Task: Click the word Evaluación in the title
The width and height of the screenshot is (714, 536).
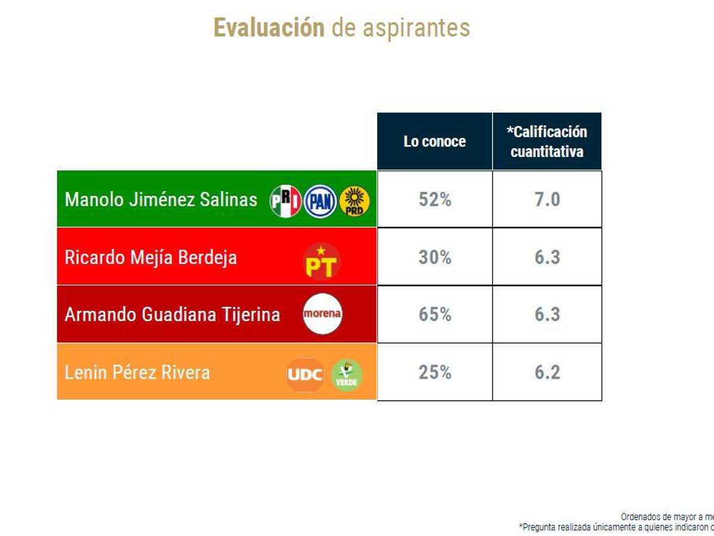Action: [x=269, y=27]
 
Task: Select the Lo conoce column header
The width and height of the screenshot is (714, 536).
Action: [x=434, y=141]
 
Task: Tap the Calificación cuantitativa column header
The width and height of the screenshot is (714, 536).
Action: [x=547, y=141]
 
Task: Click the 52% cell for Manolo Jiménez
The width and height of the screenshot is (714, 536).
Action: [x=434, y=200]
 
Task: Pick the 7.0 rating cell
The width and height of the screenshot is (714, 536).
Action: [x=547, y=200]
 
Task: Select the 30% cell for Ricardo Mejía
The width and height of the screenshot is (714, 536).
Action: [x=434, y=257]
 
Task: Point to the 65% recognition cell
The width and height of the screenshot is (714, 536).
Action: [x=434, y=314]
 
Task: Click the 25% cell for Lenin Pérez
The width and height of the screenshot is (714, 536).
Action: [x=434, y=372]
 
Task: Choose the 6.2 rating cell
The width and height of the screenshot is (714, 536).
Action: [x=547, y=372]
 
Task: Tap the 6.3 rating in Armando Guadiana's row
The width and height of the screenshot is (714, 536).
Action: [x=547, y=314]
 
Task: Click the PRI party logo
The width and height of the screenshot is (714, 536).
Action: [x=286, y=201]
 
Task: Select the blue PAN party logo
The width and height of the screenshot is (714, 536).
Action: [x=320, y=201]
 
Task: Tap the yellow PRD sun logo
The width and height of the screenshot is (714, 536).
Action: [x=354, y=201]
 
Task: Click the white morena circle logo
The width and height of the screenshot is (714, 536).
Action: [x=322, y=314]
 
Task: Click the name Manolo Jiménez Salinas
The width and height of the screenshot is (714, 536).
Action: [x=161, y=199]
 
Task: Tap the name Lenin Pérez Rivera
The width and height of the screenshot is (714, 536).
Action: [x=137, y=373]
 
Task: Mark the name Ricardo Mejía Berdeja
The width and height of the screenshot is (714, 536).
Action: [x=151, y=257]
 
